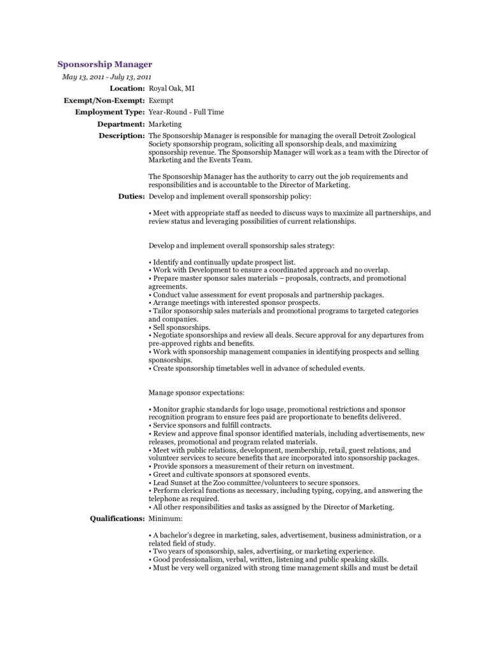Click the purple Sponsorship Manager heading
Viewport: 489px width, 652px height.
click(x=104, y=64)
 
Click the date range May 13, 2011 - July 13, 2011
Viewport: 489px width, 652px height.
click(x=106, y=77)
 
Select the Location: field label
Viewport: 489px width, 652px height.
click(x=127, y=89)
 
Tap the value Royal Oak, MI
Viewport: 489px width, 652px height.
click(x=171, y=89)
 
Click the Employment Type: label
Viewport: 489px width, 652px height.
click(x=110, y=112)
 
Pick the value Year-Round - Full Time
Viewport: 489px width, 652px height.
click(x=186, y=112)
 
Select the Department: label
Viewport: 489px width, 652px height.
click(x=121, y=124)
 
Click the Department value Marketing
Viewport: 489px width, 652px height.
click(x=165, y=124)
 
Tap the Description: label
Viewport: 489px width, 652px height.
click(x=121, y=136)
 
